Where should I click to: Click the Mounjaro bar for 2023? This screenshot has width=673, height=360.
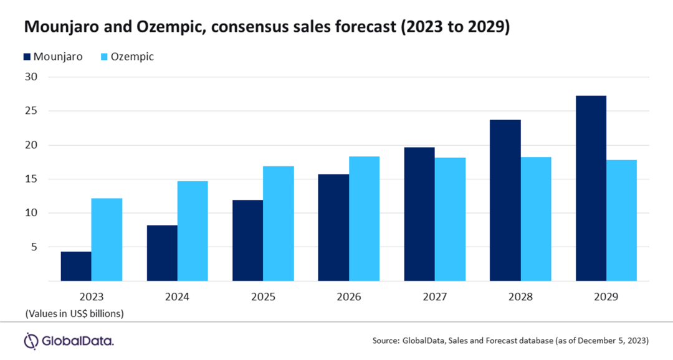click(76, 266)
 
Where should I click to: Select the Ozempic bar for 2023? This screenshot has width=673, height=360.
click(107, 240)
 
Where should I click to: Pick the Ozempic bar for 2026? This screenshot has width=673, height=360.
click(364, 219)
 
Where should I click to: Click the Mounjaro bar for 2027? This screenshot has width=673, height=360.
click(419, 214)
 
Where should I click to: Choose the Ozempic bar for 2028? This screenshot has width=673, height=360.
click(536, 219)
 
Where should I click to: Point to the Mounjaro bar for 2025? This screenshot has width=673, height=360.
click(247, 240)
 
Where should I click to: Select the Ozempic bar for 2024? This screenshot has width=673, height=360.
click(193, 231)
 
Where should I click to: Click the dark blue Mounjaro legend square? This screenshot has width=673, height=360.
click(28, 57)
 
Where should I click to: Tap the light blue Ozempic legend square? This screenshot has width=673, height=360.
click(105, 57)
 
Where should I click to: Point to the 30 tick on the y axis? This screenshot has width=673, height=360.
click(31, 77)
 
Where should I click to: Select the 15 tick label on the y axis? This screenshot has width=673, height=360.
click(31, 179)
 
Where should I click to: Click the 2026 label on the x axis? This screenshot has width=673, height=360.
click(349, 297)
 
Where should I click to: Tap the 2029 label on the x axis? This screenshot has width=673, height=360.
click(606, 297)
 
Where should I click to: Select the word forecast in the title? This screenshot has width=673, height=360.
click(343, 28)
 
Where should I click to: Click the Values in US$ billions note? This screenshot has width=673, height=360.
click(74, 313)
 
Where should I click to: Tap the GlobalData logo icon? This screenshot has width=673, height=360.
click(31, 341)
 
